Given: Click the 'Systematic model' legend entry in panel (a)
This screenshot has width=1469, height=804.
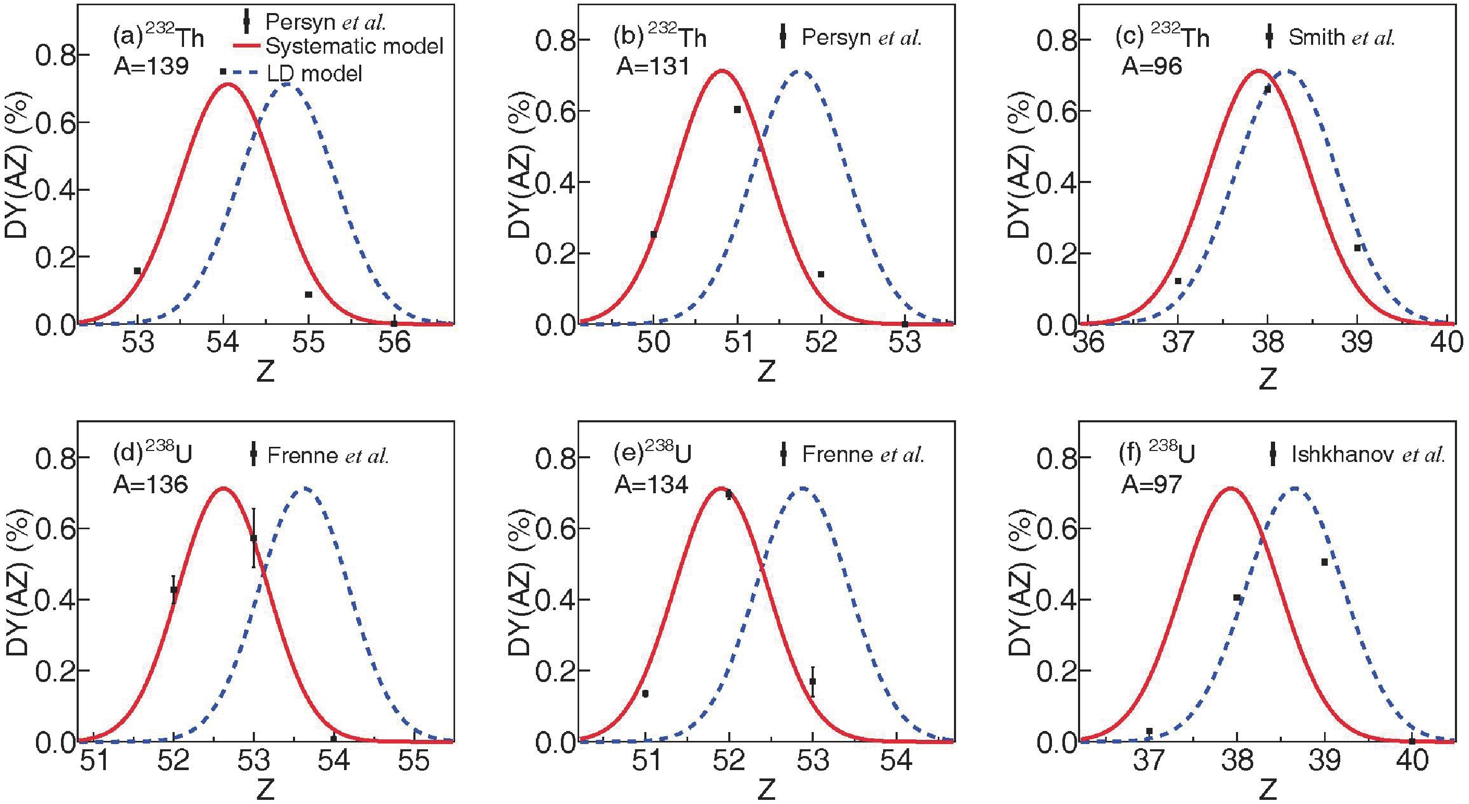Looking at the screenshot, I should click(x=354, y=46).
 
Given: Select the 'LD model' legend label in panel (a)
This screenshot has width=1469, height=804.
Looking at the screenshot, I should click(x=315, y=74).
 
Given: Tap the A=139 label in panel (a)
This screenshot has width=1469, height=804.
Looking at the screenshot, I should click(x=151, y=67).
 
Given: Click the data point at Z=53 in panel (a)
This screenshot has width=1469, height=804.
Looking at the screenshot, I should click(x=138, y=271).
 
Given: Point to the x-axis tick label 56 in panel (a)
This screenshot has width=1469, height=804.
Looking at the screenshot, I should click(x=394, y=344).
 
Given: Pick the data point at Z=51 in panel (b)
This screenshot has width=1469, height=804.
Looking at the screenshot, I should click(x=737, y=109).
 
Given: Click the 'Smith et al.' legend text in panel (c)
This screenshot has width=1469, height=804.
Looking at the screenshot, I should click(x=1342, y=38).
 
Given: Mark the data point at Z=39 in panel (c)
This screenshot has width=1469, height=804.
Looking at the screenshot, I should click(x=1358, y=248).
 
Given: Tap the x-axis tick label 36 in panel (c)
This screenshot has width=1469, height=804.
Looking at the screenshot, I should click(x=1089, y=344).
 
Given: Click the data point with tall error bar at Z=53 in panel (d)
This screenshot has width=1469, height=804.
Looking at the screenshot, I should click(x=254, y=538).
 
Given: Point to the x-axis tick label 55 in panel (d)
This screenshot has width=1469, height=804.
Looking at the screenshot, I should click(x=413, y=761).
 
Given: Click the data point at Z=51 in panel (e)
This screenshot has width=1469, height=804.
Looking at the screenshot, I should click(x=645, y=694).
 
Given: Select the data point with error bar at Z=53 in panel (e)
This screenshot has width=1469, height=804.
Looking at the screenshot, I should click(x=813, y=681).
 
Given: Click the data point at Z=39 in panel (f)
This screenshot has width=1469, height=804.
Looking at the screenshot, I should click(x=1325, y=562).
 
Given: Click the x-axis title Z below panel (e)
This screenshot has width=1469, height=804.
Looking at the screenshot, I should click(x=766, y=789).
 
